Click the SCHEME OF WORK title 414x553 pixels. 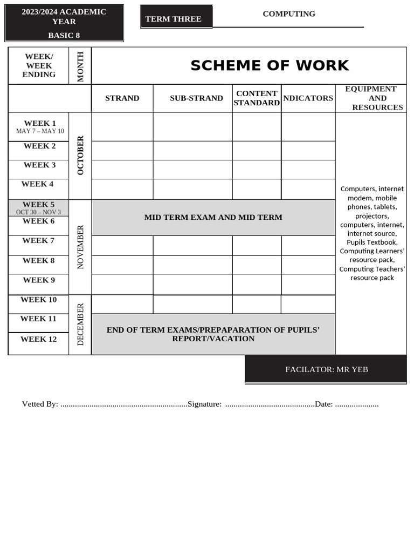point(270,65)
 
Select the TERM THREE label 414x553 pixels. point(173,19)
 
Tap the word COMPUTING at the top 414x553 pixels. point(289,14)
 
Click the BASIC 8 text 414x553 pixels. point(64,35)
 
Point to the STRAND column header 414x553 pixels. point(122,98)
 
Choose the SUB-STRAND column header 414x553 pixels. point(196,98)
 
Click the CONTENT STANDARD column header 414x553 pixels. point(257,98)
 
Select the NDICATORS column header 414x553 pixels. point(308,98)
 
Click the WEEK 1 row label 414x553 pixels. point(40,123)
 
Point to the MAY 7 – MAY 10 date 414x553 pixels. point(40,131)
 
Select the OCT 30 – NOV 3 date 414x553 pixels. point(38,212)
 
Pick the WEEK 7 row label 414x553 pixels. point(38,240)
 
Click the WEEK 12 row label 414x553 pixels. point(38,339)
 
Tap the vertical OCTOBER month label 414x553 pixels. point(80,155)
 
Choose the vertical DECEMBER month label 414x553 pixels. point(80,324)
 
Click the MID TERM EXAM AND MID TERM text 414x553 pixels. point(213,217)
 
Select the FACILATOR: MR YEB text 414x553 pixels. point(326,369)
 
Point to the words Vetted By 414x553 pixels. point(40,404)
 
